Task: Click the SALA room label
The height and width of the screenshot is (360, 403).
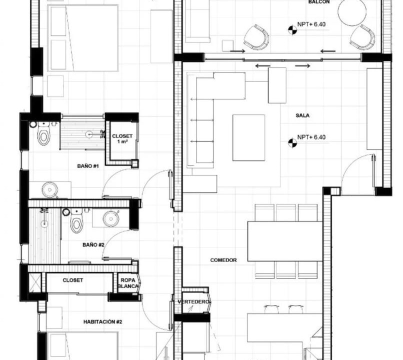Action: pyautogui.click(x=302, y=115)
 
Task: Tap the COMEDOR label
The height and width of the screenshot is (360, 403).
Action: pyautogui.click(x=223, y=260)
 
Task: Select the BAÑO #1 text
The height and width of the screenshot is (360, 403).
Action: pyautogui.click(x=88, y=166)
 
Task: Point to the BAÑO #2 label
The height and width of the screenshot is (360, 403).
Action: pyautogui.click(x=93, y=245)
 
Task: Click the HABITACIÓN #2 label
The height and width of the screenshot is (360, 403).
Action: pyautogui.click(x=103, y=321)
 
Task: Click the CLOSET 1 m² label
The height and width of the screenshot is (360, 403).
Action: pyautogui.click(x=122, y=138)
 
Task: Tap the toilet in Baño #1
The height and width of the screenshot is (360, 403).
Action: pyautogui.click(x=43, y=133)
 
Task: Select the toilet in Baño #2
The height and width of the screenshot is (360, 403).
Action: pyautogui.click(x=76, y=220)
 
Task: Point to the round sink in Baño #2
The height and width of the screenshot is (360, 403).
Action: pyautogui.click(x=111, y=218)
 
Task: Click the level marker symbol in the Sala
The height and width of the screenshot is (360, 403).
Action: pyautogui.click(x=292, y=143)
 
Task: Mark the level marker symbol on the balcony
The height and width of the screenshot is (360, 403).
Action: pyautogui.click(x=292, y=30)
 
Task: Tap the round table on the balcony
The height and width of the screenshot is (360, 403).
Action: pyautogui.click(x=352, y=12)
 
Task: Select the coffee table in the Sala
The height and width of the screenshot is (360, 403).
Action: pyautogui.click(x=249, y=137)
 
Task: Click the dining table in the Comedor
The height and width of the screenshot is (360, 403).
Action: pyautogui.click(x=285, y=241)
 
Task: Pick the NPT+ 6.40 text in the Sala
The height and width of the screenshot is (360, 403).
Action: pyautogui.click(x=311, y=137)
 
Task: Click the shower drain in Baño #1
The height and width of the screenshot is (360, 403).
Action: pyautogui.click(x=89, y=133)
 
